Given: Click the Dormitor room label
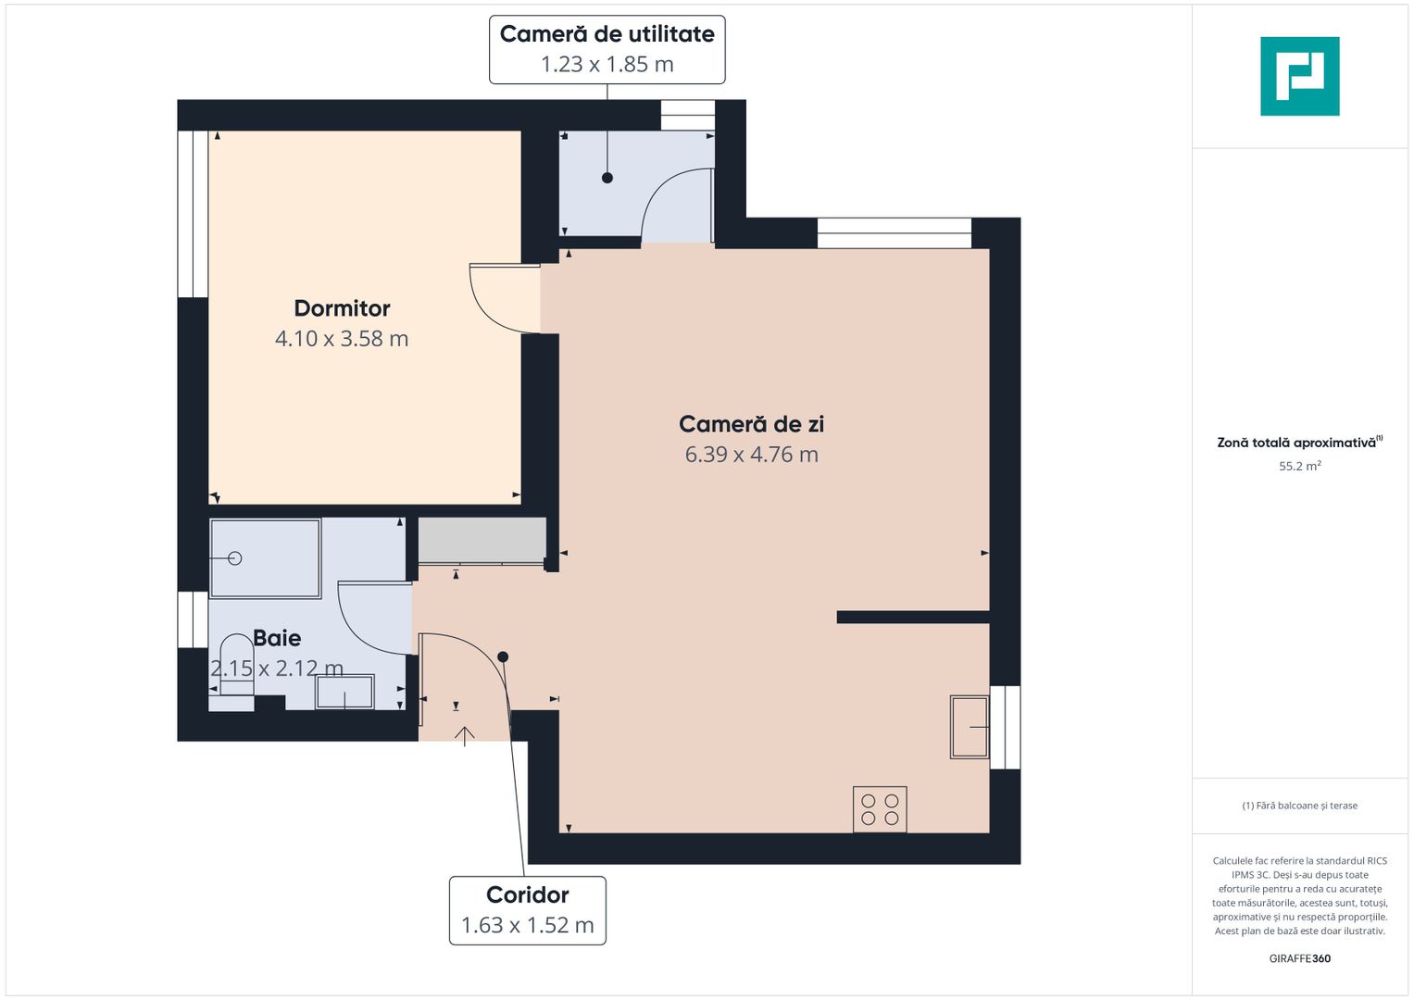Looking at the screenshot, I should (342, 308).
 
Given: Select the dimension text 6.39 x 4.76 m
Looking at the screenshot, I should (751, 455).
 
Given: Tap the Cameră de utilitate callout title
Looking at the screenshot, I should (607, 34).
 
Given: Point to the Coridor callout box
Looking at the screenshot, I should (528, 910).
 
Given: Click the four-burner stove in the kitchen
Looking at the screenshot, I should (880, 809).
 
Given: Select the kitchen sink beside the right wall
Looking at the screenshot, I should (970, 727).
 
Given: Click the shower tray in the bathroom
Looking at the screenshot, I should (265, 558).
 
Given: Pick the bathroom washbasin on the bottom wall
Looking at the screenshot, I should (344, 692).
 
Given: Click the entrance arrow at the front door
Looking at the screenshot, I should (464, 735).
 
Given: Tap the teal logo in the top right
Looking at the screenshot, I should (1299, 76).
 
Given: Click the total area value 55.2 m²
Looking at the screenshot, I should (1299, 467).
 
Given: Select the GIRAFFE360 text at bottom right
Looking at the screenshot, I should (1299, 958).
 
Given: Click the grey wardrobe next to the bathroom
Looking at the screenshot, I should (482, 540).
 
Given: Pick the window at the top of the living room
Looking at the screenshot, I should (894, 233).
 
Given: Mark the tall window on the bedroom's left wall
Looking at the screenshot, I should (193, 214).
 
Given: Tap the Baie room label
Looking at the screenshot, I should (277, 638).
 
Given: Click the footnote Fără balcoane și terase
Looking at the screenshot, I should (1299, 806).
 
